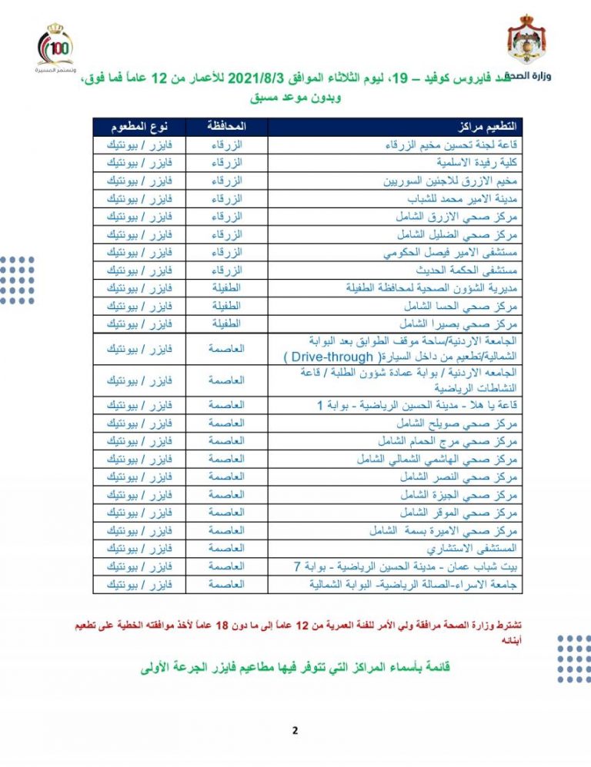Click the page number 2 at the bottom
pos(295,730)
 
